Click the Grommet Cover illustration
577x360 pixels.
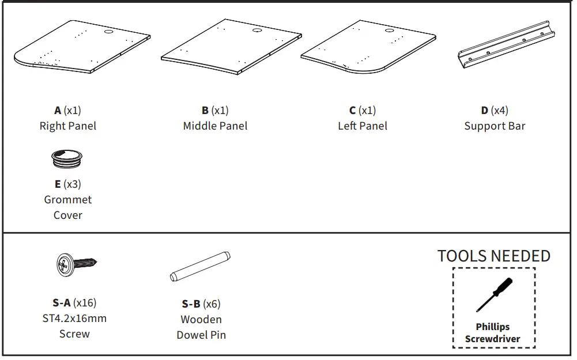tap(67, 159)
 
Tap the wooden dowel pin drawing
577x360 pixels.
tap(200, 266)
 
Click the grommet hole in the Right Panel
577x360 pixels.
tap(109, 33)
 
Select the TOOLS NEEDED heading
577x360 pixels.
tap(493, 256)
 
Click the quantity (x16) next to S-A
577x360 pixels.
tap(85, 302)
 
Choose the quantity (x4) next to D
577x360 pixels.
tap(499, 110)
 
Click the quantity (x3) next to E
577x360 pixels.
tap(72, 184)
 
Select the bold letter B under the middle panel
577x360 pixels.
tap(205, 110)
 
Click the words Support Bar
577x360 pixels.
tap(495, 126)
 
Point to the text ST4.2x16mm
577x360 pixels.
tap(75, 318)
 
